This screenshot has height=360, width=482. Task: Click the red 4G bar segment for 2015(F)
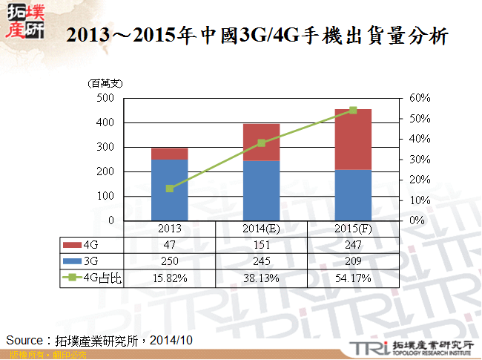[x=353, y=140]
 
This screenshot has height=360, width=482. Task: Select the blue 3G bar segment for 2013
[x=170, y=190]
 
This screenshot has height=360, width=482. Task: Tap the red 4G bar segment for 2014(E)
[x=262, y=142]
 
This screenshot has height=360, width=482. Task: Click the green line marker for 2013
[x=170, y=189]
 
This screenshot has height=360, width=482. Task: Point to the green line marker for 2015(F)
[x=353, y=110]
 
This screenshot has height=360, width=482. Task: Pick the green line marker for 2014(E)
[x=262, y=143]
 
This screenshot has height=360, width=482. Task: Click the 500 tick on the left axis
[x=105, y=98]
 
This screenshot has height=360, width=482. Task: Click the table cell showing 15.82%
[x=170, y=278]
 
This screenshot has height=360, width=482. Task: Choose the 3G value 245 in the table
[x=262, y=261]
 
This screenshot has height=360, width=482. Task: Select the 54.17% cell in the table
[x=353, y=278]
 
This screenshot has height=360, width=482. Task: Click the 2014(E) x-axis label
[x=262, y=229]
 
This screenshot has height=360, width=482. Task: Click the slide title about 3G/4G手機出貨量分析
[x=257, y=36]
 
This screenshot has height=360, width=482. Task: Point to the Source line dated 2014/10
[x=99, y=339]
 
